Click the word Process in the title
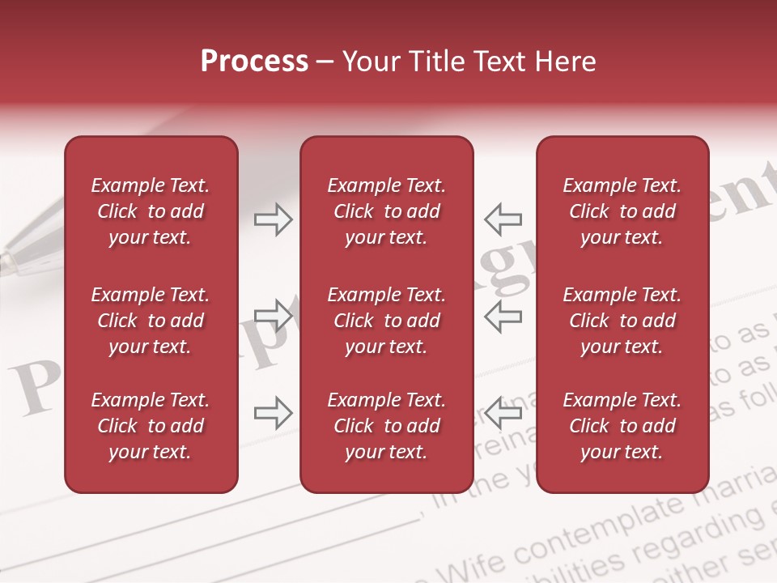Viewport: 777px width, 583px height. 254,62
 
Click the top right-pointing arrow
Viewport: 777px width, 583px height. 274,219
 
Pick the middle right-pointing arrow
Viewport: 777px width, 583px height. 274,315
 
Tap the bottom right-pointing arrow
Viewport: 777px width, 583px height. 274,413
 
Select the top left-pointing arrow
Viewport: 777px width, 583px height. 503,219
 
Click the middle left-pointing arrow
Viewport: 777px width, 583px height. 503,315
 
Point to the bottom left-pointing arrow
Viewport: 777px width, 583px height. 503,413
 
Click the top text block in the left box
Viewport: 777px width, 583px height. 151,211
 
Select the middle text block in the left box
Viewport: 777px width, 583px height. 151,321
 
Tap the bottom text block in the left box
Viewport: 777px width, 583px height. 151,426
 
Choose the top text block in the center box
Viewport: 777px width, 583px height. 386,211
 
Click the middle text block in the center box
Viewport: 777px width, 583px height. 386,321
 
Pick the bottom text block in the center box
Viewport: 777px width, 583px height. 386,426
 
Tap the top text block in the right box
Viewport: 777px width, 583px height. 622,211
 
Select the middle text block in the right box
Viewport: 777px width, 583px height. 622,321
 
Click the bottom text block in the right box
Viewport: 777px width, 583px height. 622,426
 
